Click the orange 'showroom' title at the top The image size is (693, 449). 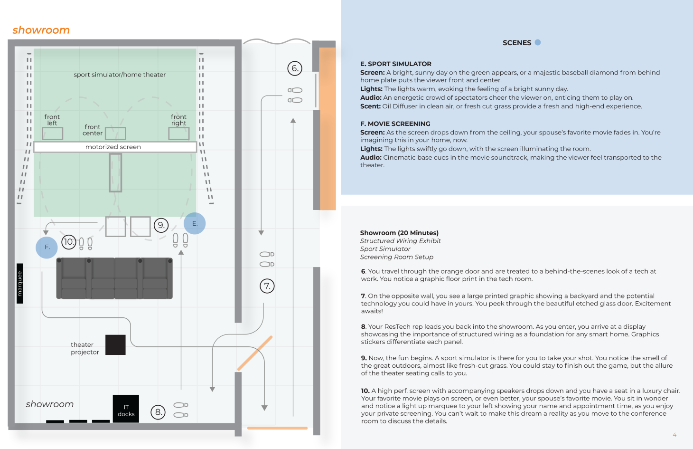pyautogui.click(x=41, y=30)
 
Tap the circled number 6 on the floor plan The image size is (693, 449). pyautogui.click(x=295, y=68)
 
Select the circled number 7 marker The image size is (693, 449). pyautogui.click(x=267, y=286)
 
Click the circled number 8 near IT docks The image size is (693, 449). pyautogui.click(x=158, y=412)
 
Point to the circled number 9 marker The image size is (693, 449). pyautogui.click(x=161, y=225)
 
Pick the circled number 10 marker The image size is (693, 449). pyautogui.click(x=69, y=242)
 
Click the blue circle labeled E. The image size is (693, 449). pyautogui.click(x=195, y=223)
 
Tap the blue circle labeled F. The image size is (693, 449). pyautogui.click(x=47, y=247)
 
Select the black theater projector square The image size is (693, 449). pyautogui.click(x=115, y=345)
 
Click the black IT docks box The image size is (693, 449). pyautogui.click(x=126, y=408)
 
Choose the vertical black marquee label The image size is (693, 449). pyautogui.click(x=20, y=284)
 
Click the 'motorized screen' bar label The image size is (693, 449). pyautogui.click(x=113, y=147)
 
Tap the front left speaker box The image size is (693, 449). pyautogui.click(x=53, y=134)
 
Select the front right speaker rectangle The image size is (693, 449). pyautogui.click(x=179, y=134)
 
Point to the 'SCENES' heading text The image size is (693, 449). pyautogui.click(x=517, y=43)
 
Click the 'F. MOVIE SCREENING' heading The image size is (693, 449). pyautogui.click(x=395, y=124)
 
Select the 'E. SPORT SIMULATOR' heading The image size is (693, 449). pyautogui.click(x=395, y=64)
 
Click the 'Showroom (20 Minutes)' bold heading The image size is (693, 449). pyautogui.click(x=399, y=233)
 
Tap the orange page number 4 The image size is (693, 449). pyautogui.click(x=674, y=435)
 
